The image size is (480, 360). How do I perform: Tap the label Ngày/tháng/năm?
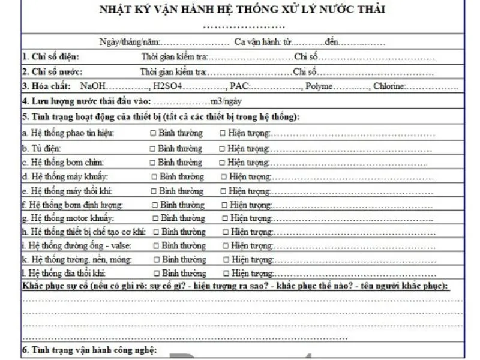click(x=130, y=43)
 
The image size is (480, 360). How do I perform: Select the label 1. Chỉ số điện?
click(x=50, y=58)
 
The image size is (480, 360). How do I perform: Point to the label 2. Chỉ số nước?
click(x=52, y=72)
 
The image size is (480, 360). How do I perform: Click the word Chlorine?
click(x=389, y=86)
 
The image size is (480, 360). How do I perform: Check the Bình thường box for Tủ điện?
click(x=153, y=148)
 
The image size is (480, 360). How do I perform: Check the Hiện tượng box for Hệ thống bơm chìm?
click(x=222, y=163)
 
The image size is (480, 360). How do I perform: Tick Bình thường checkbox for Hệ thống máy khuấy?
click(x=155, y=177)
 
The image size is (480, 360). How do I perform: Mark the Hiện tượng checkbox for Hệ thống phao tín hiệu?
click(x=223, y=133)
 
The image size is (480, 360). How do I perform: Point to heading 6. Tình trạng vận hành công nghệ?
click(x=89, y=350)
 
